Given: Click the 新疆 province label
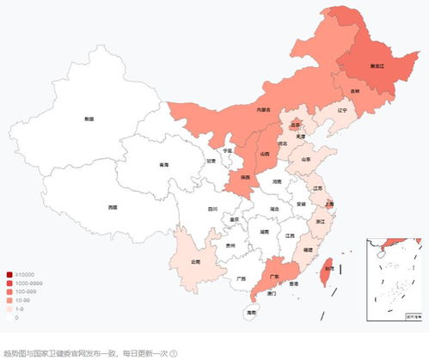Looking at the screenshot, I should (x=89, y=118).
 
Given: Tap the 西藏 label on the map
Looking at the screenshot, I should (x=113, y=207).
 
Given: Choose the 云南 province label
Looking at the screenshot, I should (x=195, y=261).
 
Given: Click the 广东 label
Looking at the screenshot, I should (x=273, y=277).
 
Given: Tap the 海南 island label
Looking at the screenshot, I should (x=251, y=314).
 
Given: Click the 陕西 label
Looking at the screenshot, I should (x=246, y=177).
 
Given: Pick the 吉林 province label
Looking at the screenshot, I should (x=355, y=91).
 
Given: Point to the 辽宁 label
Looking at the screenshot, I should (x=342, y=110).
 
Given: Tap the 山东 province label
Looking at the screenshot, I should (x=306, y=159).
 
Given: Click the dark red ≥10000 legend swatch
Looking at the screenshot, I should (x=8, y=275).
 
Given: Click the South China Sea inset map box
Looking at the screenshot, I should (x=396, y=279).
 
